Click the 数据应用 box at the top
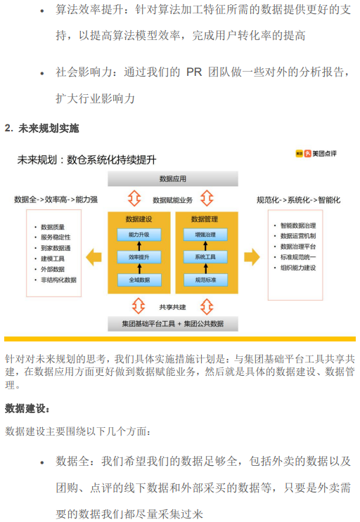click(173, 178)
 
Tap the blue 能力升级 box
click(139, 235)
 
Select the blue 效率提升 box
click(139, 257)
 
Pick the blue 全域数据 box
click(139, 280)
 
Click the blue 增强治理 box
click(205, 235)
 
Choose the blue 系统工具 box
click(205, 257)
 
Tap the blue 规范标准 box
click(205, 280)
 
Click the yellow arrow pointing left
click(94, 257)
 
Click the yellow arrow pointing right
click(252, 257)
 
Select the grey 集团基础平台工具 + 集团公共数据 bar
click(173, 324)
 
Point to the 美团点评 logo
click(316, 153)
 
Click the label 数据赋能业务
click(172, 200)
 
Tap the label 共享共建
click(172, 307)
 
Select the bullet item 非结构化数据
click(58, 280)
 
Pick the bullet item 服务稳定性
click(56, 237)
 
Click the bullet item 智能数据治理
click(298, 226)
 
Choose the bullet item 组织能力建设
click(298, 268)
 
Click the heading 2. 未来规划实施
click(42, 128)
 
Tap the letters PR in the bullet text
click(194, 72)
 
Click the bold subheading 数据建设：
click(27, 408)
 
